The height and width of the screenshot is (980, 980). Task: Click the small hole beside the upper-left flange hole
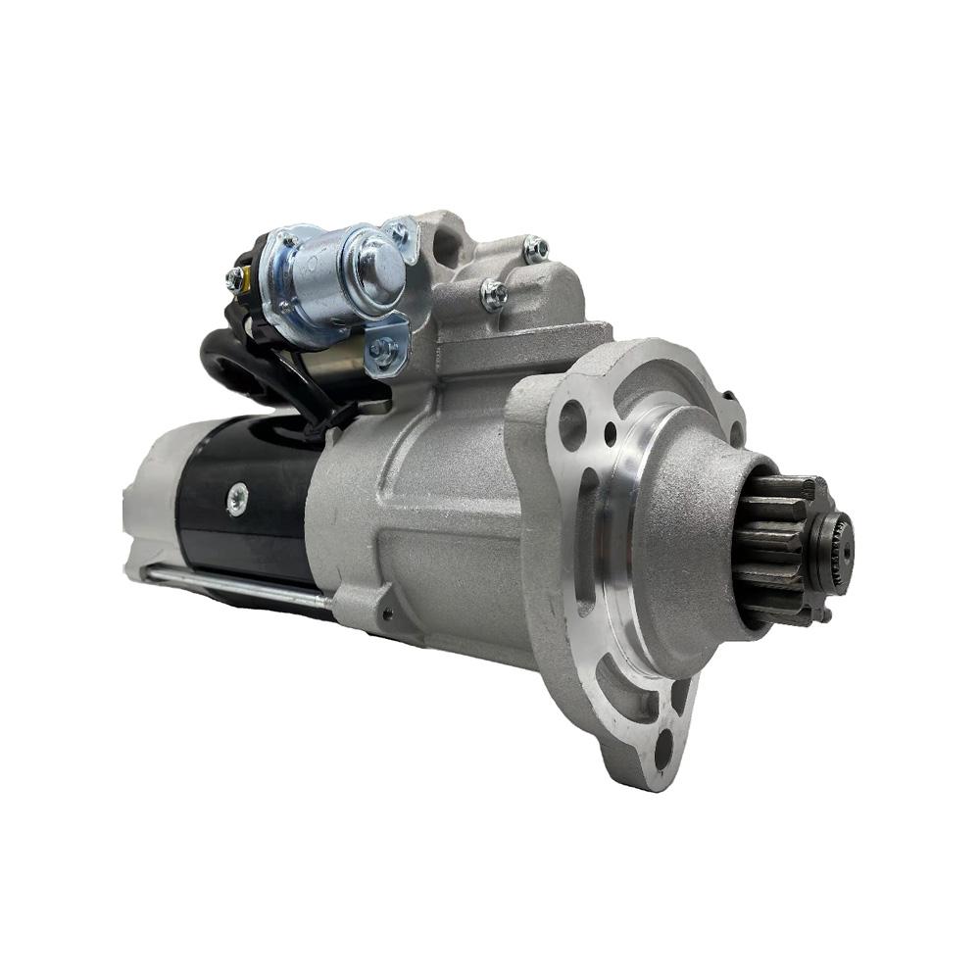pyautogui.click(x=610, y=428)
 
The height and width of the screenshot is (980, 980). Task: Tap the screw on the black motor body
pyautogui.click(x=236, y=499)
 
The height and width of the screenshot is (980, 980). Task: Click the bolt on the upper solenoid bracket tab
pyautogui.click(x=398, y=233)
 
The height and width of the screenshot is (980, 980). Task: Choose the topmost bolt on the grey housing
pyautogui.click(x=535, y=249)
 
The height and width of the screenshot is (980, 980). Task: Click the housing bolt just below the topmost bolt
pyautogui.click(x=495, y=292)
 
